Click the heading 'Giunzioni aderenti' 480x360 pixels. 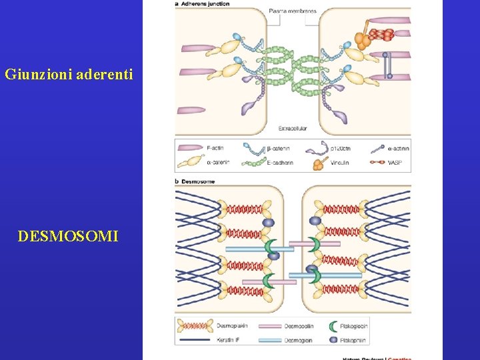pos(69,74)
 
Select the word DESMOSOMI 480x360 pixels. pos(69,235)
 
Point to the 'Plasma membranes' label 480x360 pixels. pos(293,11)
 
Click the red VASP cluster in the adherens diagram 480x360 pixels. pos(382,34)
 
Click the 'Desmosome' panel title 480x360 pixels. pos(199,181)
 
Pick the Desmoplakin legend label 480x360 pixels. pos(233,326)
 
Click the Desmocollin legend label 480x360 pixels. pos(299,326)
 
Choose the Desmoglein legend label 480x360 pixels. pos(298,339)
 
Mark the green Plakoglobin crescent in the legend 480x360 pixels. pos(335,326)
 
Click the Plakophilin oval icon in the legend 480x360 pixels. pos(335,339)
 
